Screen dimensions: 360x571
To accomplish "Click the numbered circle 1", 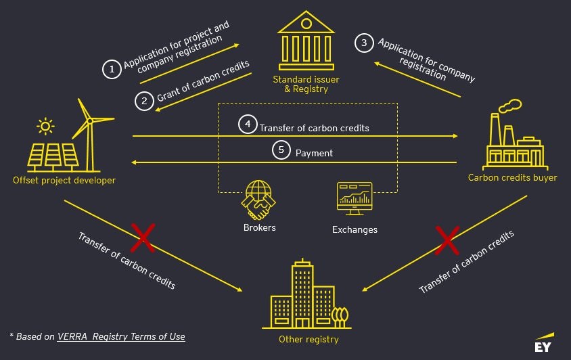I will tap(111, 68).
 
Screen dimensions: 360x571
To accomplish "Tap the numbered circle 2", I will tap(144, 102).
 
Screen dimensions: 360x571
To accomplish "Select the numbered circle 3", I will tap(364, 43).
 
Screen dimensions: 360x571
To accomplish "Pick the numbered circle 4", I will tap(248, 125).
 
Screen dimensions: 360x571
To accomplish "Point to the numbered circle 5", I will tap(281, 150).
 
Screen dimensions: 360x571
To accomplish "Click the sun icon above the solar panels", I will tap(45, 126).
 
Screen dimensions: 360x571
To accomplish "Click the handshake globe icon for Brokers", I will tap(259, 198).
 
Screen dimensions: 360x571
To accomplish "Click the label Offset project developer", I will tap(64, 181).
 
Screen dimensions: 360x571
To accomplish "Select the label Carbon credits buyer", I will tap(513, 178).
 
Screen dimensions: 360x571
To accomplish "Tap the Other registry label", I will tap(309, 339).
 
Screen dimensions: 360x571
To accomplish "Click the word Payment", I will tap(314, 154).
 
